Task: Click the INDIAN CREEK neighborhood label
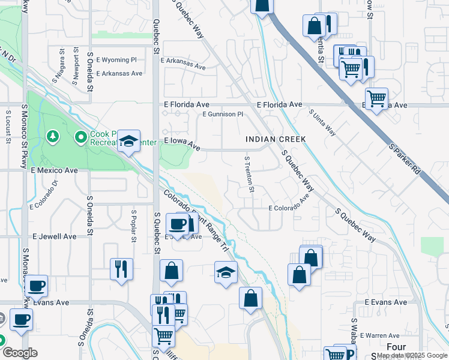(x=276, y=139)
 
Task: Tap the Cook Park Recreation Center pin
(x=81, y=138)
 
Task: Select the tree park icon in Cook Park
(x=55, y=137)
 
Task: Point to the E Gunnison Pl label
(x=223, y=114)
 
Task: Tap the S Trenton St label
(x=249, y=175)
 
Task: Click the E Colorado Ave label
(x=289, y=208)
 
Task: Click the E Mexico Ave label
(x=55, y=170)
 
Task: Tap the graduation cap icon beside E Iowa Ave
(x=128, y=141)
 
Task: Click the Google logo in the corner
(x=20, y=353)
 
